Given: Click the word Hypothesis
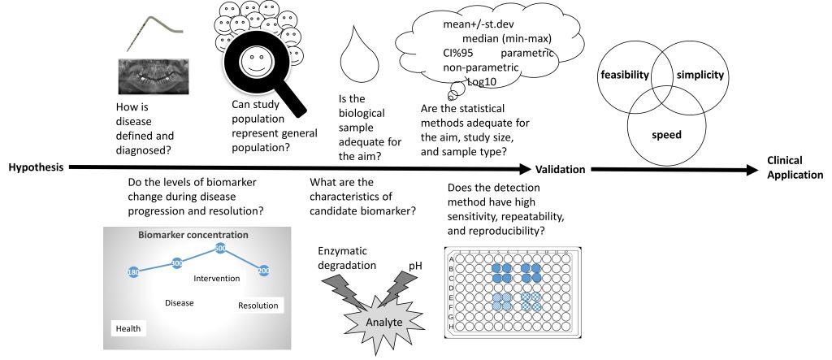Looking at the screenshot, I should (x=37, y=168).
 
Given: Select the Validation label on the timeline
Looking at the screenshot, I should (x=561, y=169).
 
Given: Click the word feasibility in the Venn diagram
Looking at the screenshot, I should (x=624, y=76).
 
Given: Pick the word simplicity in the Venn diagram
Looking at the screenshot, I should (x=700, y=76).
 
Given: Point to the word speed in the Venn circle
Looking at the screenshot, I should (x=666, y=135).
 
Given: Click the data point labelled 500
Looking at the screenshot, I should (x=219, y=247).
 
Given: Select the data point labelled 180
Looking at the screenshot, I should (x=133, y=271).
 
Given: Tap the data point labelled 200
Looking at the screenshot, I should (x=263, y=270).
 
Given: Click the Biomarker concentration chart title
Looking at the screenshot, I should (x=192, y=235).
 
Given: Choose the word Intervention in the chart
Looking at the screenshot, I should (x=216, y=278).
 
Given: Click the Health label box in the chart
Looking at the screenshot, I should (x=128, y=328).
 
